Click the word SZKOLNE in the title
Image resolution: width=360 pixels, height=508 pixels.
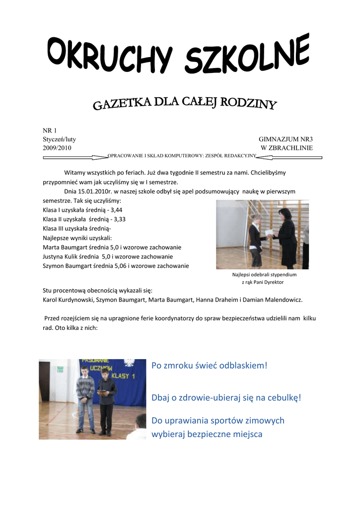(248, 57)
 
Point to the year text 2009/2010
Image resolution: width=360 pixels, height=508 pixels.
(57, 148)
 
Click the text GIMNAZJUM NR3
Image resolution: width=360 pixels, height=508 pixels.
(286, 139)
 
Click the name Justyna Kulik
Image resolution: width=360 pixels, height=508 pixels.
(60, 256)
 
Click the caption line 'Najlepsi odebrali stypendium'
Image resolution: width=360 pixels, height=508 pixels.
(264, 274)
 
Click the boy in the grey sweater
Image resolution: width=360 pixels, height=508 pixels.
(85, 397)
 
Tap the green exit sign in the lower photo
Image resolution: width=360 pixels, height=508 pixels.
(61, 369)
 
